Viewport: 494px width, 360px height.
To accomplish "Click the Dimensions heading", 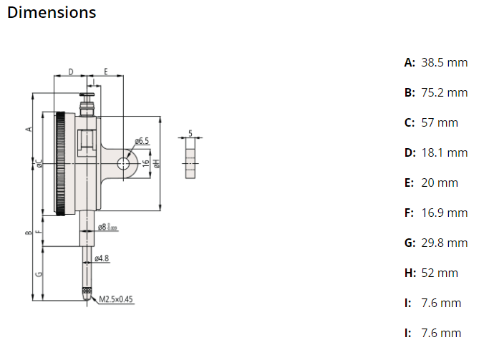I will pyautogui.click(x=51, y=13).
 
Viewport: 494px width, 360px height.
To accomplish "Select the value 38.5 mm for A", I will pyautogui.click(x=444, y=63).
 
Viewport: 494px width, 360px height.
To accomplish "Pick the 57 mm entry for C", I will pyautogui.click(x=439, y=123).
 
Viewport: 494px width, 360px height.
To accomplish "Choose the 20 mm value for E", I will pyautogui.click(x=439, y=183).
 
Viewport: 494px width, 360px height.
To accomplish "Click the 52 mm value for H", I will pyautogui.click(x=439, y=273).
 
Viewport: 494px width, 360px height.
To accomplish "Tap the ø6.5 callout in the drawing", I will pyautogui.click(x=141, y=141).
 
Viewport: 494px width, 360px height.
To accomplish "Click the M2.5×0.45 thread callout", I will pyautogui.click(x=116, y=299).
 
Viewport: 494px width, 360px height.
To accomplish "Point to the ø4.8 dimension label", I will pyautogui.click(x=102, y=258).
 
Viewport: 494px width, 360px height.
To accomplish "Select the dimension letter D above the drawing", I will pyautogui.click(x=71, y=72).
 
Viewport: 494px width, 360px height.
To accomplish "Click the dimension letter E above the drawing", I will pyautogui.click(x=106, y=72).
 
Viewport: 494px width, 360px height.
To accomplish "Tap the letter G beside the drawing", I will pyautogui.click(x=39, y=273).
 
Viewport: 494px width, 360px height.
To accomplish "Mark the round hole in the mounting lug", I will pyautogui.click(x=124, y=163).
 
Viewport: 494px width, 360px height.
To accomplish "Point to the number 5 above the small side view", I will pyautogui.click(x=190, y=132).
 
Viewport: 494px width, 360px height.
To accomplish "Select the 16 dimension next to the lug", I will pyautogui.click(x=146, y=163).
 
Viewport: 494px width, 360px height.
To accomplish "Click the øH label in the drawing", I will pyautogui.click(x=156, y=163).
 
